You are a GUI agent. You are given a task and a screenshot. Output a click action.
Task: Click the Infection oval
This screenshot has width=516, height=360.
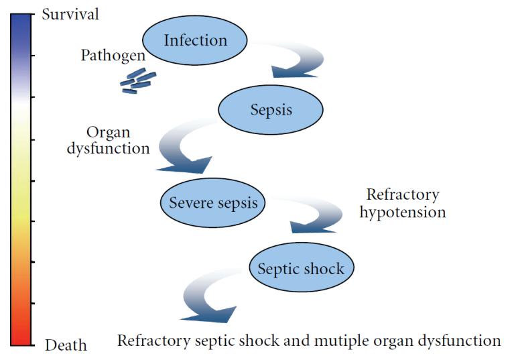pyautogui.click(x=194, y=40)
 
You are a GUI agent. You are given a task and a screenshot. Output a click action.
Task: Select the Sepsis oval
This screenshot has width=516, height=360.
pyautogui.click(x=271, y=109)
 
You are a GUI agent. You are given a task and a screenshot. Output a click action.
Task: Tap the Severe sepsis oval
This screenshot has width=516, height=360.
pyautogui.click(x=213, y=202)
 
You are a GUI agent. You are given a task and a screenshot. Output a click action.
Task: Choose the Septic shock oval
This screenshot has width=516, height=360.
pyautogui.click(x=301, y=267)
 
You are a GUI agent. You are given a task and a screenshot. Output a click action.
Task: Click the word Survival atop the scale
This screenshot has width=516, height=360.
pyautogui.click(x=70, y=14)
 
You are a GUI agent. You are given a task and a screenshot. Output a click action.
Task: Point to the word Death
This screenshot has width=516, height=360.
pyautogui.click(x=66, y=345)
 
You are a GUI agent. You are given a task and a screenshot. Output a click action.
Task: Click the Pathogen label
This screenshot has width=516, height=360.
pyautogui.click(x=113, y=55)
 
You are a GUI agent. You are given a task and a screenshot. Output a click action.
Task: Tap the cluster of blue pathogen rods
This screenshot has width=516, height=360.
pyautogui.click(x=138, y=81)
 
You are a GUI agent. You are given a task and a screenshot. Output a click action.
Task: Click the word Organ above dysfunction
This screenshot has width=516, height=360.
pyautogui.click(x=109, y=133)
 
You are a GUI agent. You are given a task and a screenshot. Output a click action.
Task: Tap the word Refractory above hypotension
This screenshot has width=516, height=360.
pyautogui.click(x=403, y=194)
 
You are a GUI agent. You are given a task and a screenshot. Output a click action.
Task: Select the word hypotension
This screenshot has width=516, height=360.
pyautogui.click(x=403, y=212)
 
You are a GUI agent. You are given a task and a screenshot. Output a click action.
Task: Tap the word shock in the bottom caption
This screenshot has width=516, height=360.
pyautogui.click(x=259, y=340)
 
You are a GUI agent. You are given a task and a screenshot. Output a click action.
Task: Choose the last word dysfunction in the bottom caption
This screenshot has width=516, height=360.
pyautogui.click(x=460, y=341)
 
